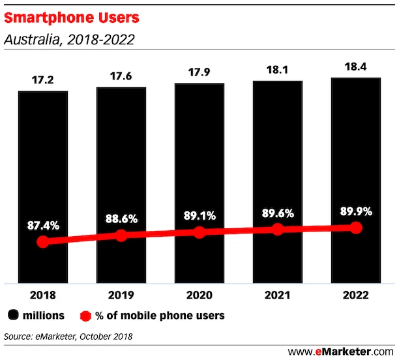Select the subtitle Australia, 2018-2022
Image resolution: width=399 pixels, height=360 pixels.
click(69, 40)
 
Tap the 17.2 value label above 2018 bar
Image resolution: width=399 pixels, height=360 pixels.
click(43, 82)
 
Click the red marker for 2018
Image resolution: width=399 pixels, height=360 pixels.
click(43, 242)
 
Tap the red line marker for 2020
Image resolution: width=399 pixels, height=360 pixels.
click(199, 233)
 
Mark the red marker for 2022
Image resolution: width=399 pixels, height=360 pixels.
click(356, 228)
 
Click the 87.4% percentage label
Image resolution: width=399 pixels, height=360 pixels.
click(43, 226)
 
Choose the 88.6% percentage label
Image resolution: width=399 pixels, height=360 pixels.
click(121, 219)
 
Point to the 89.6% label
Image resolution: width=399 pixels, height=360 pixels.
click(278, 213)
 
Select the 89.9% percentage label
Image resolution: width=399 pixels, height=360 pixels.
click(356, 211)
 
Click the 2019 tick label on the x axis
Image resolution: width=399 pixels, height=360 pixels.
click(121, 295)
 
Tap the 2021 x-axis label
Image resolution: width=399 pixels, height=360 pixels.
click(278, 295)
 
